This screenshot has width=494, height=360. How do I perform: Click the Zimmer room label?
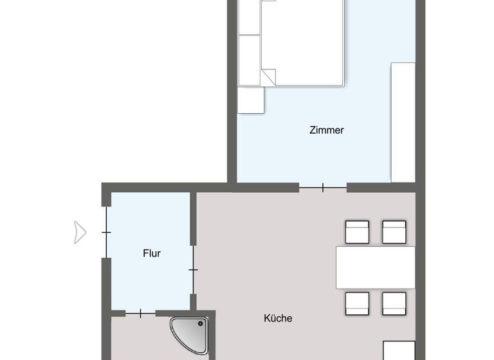327,130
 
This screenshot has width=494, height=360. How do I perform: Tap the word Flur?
152,253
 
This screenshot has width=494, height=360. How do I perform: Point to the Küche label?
278,318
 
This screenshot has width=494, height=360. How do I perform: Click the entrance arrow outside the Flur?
80,232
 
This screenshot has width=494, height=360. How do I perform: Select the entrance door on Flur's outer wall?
106,232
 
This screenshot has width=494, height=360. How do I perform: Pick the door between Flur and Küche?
193,270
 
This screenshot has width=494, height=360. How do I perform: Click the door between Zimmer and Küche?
323,188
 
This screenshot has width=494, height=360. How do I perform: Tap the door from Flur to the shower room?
140,313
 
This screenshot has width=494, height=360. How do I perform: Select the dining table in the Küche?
376,267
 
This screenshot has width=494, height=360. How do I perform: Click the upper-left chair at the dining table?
357,232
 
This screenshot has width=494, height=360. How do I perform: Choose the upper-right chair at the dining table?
394,232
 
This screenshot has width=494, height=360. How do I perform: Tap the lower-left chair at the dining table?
357,303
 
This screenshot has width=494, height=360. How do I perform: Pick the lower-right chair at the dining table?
394,303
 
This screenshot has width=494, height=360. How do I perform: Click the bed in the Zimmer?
302,42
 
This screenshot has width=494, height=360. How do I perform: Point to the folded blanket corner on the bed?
269,76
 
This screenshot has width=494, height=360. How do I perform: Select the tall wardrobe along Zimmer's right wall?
403,122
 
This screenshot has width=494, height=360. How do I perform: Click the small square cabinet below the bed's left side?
251,100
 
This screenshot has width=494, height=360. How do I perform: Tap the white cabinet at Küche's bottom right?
399,350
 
